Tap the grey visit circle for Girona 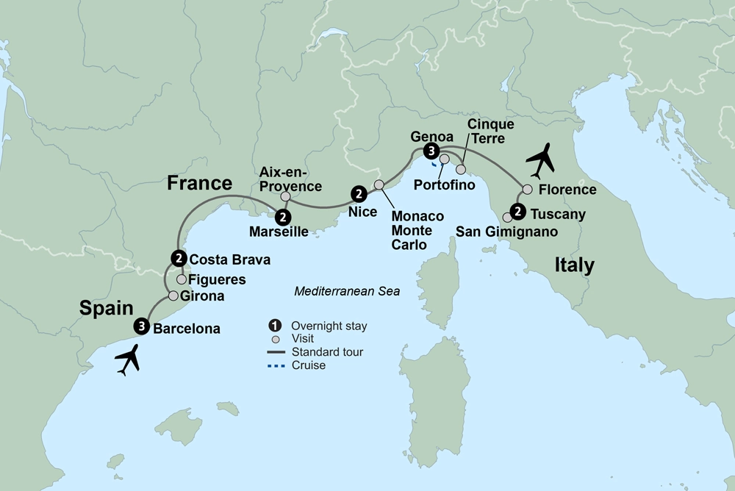tap(173, 296)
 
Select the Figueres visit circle tap(181, 279)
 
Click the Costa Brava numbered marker tap(178, 258)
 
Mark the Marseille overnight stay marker tap(282, 217)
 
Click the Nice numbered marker tap(358, 194)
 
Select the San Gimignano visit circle tap(507, 218)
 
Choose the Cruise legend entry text tap(308, 365)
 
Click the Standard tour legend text tap(327, 352)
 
